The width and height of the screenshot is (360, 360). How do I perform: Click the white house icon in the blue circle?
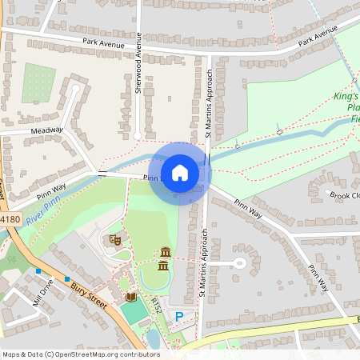180,173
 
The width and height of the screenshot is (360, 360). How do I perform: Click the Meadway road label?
46,130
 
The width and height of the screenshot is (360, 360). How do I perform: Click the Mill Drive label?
42,293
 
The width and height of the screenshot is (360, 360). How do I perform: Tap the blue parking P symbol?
179,317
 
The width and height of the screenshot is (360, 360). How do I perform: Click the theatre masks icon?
114,238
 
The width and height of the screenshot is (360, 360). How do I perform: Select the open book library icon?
131,297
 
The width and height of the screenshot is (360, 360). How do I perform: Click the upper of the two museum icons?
166,251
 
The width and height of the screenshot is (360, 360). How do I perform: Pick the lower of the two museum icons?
163,265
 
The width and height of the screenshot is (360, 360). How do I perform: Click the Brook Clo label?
344,194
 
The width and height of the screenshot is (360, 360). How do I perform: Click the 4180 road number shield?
9,218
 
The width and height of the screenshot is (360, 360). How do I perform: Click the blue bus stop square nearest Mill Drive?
38,271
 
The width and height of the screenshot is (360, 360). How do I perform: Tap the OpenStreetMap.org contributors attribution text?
104,354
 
